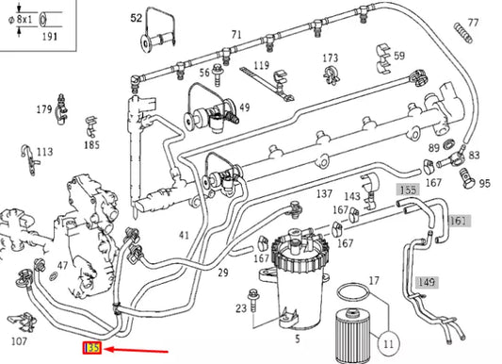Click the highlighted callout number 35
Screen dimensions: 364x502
point(92,349)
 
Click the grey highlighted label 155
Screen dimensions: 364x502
point(406,190)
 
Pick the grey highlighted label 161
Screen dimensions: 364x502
point(458,221)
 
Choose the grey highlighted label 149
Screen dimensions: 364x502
point(427,281)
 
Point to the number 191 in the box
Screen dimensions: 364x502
point(44,36)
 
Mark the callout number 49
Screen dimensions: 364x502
point(244,108)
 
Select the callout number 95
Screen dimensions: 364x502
point(484,182)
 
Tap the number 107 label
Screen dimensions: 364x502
point(18,341)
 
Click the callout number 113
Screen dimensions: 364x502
point(44,151)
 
